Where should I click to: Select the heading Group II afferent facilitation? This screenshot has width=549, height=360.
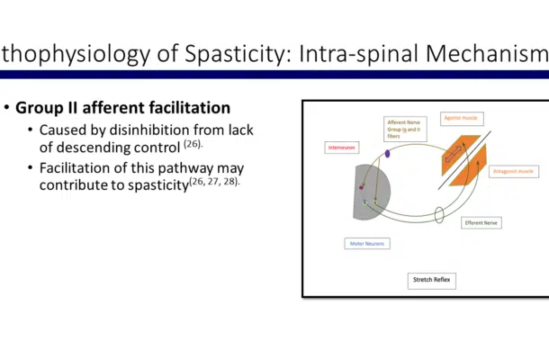click(122, 109)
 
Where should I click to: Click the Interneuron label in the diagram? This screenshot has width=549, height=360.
click(337, 147)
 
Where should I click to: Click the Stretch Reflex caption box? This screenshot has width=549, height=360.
click(432, 280)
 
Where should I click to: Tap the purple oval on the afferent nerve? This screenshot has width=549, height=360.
click(387, 154)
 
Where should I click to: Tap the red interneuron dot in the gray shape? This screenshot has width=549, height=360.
click(361, 187)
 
